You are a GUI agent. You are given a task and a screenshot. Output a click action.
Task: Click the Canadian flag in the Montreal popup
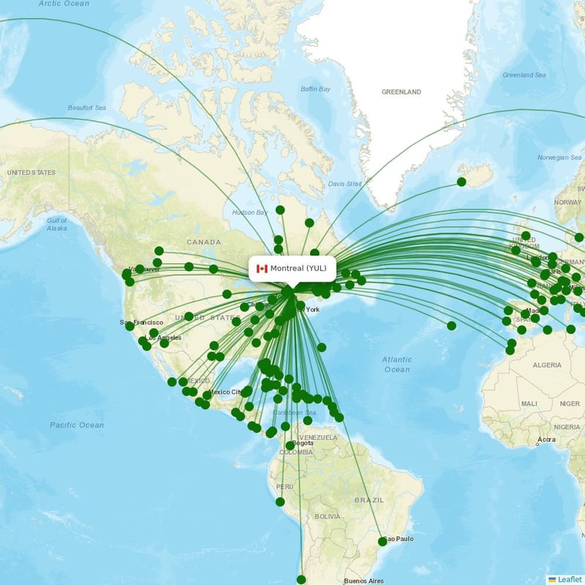click(262, 268)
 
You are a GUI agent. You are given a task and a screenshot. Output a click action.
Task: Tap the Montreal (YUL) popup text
click(298, 268)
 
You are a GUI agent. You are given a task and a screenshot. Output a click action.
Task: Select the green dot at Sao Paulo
click(382, 541)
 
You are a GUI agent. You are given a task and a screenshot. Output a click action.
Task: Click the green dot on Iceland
click(461, 181)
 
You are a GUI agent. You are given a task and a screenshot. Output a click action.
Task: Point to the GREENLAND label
click(401, 92)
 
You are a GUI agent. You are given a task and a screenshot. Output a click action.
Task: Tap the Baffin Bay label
click(316, 89)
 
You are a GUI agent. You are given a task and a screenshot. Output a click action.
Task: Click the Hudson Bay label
click(249, 213)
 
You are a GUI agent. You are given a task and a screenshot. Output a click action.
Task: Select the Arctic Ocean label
click(64, 4)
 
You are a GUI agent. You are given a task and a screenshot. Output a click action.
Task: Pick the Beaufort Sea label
click(87, 107)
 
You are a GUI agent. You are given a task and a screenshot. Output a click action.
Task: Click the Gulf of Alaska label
click(57, 224)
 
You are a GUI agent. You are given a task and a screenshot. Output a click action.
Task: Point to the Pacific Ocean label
click(77, 425)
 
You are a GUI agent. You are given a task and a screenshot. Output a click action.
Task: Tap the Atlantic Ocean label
click(397, 364)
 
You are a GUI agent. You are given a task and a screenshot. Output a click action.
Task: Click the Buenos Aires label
click(363, 581)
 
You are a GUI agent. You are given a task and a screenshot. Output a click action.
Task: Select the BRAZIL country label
click(369, 500)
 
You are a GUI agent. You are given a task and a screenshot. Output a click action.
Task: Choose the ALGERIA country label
click(547, 365)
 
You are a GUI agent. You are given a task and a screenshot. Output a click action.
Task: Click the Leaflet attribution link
click(570, 579)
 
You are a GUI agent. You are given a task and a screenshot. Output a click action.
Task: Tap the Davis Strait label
click(345, 184)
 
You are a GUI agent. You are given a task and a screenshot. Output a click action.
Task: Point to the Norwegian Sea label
click(559, 157)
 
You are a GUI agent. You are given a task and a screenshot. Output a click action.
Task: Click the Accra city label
click(546, 439)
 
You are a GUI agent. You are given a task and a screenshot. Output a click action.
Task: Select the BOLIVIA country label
click(328, 516)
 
